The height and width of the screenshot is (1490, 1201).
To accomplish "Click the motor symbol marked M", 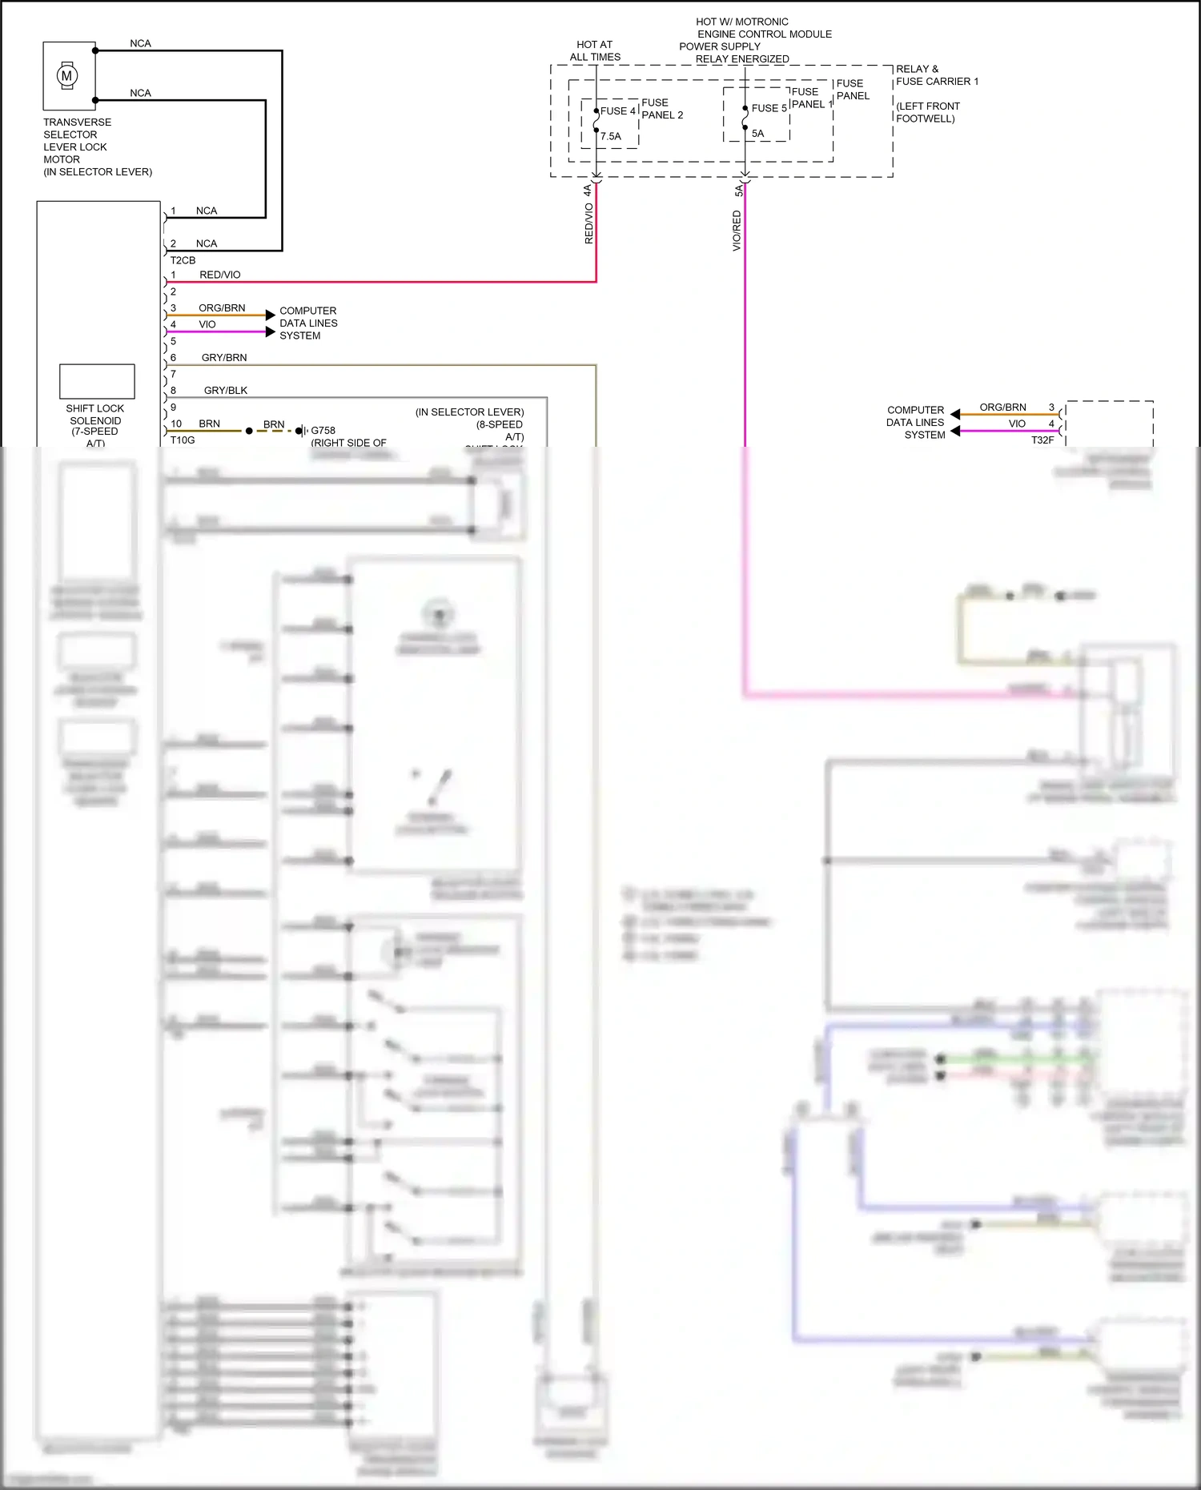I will tap(67, 76).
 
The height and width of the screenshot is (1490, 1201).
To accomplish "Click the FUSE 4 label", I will tap(618, 111).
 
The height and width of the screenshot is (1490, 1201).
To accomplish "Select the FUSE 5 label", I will tap(769, 108).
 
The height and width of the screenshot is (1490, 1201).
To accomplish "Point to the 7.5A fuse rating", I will tap(611, 136).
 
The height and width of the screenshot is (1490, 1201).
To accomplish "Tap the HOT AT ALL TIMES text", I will tap(595, 50).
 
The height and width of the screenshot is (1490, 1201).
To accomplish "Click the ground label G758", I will tap(323, 430).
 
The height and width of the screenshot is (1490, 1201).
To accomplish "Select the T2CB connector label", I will tap(183, 260).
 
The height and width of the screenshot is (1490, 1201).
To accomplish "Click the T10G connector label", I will tap(183, 440).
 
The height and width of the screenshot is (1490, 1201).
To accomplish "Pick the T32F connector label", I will tap(1042, 440).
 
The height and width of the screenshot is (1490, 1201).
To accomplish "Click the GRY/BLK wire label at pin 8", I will tap(226, 391).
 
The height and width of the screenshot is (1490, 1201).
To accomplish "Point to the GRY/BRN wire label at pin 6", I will tap(224, 357).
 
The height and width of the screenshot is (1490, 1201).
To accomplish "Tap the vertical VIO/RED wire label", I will tap(737, 231).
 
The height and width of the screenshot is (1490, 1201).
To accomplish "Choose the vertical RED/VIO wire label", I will tap(589, 223).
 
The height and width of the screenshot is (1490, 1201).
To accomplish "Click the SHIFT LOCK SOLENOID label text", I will tap(95, 420).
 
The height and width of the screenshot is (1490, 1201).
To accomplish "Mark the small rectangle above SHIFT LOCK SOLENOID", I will tap(97, 381).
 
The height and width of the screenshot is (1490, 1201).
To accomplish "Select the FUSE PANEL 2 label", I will tap(662, 109).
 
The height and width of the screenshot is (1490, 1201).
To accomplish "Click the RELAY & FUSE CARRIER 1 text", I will tap(937, 75).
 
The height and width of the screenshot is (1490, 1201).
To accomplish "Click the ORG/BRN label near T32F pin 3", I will tap(1002, 408).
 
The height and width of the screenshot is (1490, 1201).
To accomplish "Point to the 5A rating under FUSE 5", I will tap(757, 134).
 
